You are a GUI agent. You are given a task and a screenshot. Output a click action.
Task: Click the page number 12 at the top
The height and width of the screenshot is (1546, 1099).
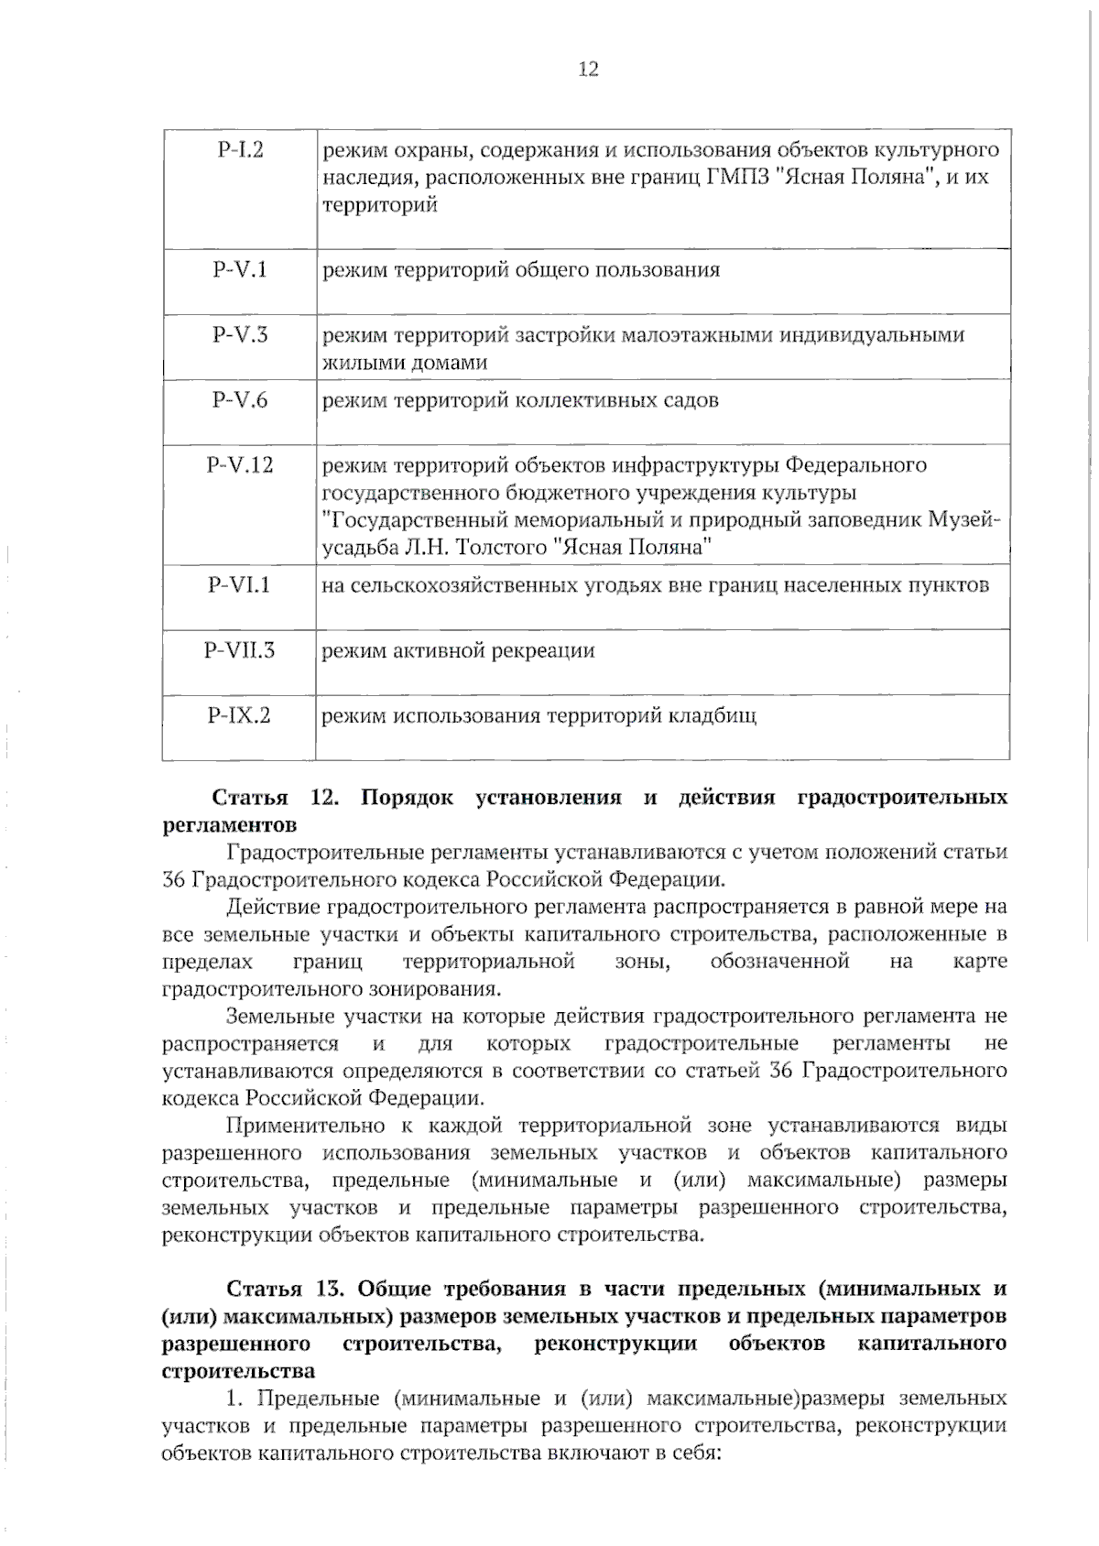click(588, 70)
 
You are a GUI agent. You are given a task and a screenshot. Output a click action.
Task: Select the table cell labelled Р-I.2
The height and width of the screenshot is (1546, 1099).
click(240, 150)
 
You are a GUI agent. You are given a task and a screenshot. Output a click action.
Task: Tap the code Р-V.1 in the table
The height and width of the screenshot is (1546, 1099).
click(240, 270)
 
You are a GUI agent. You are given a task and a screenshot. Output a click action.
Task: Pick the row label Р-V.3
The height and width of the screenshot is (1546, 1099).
click(240, 335)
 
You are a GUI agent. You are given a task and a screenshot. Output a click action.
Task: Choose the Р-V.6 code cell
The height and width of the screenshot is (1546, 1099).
click(240, 400)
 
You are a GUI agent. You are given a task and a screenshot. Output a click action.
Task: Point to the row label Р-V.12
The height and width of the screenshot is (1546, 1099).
click(240, 465)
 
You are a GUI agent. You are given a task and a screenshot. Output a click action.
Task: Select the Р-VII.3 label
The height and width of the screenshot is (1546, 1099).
click(240, 651)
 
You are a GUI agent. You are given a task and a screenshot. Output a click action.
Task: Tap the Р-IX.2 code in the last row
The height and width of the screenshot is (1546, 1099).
click(240, 715)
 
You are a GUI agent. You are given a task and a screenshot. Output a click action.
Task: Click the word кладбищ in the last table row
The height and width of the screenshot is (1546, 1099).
click(717, 716)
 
